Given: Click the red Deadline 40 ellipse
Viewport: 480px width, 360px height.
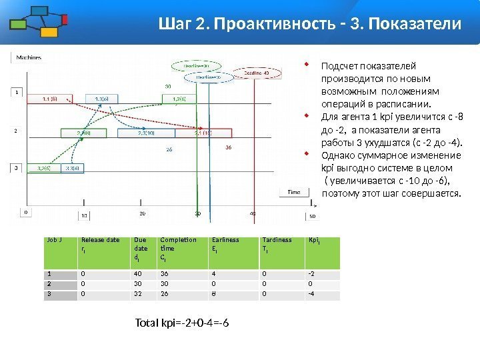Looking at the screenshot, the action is coord(255,73).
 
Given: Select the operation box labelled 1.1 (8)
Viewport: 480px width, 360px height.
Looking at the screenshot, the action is coord(49,99).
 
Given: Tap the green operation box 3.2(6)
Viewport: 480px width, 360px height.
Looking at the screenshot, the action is coord(45,168).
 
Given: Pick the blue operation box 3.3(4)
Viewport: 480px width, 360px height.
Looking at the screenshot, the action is coord(73,168).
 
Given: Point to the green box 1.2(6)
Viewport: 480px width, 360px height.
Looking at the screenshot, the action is coord(179,99).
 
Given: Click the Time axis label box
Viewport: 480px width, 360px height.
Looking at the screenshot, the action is coord(293,192).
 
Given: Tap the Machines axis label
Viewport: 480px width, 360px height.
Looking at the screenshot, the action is coord(29,57).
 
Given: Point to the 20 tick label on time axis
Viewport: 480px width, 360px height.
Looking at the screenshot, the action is coord(142,213).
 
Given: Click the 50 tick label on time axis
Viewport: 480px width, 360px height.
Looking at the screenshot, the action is coord(312,217).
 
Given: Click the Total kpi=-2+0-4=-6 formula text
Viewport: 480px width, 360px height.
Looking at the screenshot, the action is coord(185,323).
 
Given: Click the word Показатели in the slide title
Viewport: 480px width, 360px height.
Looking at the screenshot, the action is coord(415,25).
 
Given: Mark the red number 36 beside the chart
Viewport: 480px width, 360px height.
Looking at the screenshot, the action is coord(229,147).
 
